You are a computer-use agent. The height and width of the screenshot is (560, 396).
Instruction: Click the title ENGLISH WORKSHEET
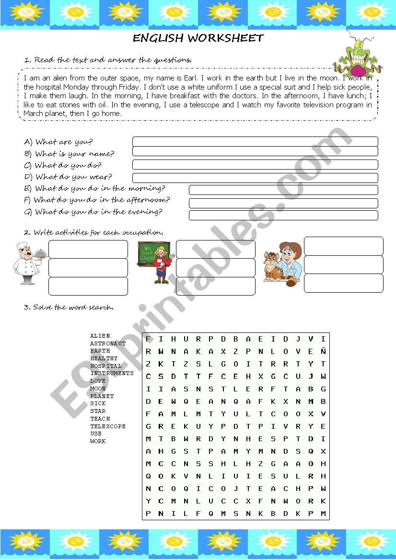point(198,38)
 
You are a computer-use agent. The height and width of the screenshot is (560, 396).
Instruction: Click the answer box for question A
point(255,141)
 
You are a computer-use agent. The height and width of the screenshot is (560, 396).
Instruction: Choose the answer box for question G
point(283,215)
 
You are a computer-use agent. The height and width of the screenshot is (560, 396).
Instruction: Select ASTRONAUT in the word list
point(108,343)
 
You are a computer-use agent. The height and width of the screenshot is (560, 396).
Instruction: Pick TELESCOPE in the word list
point(108,426)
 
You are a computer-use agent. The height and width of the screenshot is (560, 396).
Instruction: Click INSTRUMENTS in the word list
point(112,373)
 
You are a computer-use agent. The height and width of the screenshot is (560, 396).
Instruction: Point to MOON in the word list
point(98,389)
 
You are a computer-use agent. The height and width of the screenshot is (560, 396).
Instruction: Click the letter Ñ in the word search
point(323,351)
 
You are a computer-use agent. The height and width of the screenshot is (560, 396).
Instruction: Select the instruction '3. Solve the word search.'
point(69,307)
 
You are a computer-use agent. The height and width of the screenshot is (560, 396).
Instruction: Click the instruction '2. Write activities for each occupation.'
point(93,232)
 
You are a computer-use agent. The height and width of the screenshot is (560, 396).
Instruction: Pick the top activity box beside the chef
point(88,249)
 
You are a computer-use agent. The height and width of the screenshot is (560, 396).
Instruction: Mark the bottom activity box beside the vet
point(343,283)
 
